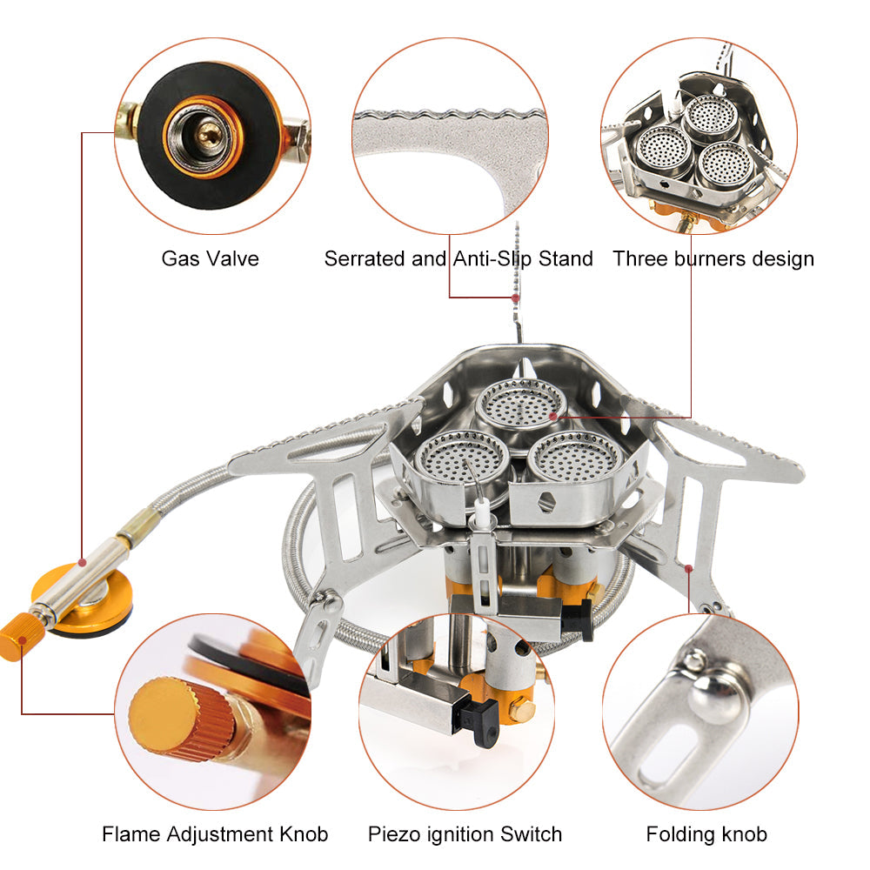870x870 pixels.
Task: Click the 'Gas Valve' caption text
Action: pos(210,258)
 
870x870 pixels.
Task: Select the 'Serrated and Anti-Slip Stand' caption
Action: pos(458,258)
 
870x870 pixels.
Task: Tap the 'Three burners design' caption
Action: pos(713,258)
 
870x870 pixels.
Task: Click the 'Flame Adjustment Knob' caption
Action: pos(215,834)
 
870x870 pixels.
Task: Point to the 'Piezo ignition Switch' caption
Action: pos(465,834)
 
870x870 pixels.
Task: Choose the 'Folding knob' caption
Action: pos(706,834)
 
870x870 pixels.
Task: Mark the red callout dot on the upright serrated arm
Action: pos(516,298)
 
